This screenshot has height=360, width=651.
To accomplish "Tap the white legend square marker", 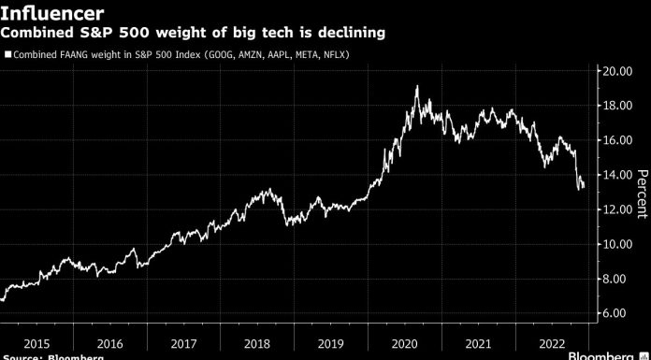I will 7,55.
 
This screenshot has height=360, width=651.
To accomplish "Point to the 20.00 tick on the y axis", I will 618,71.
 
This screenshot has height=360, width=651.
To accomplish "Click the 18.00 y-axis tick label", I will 618,106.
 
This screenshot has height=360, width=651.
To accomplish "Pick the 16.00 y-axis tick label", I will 618,140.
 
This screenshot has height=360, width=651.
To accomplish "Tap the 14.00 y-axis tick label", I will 618,175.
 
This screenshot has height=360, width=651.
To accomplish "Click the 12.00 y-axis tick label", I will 618,209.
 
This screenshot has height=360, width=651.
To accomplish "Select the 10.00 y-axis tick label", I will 618,244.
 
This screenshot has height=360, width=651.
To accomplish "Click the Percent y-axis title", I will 642,193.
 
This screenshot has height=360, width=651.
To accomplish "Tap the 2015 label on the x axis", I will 36,342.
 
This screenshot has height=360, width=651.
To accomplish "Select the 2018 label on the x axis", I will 257,342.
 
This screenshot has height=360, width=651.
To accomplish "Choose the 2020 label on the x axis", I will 405,342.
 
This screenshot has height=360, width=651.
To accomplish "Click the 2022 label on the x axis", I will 552,342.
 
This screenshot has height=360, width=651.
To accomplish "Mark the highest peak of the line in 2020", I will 417,87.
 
